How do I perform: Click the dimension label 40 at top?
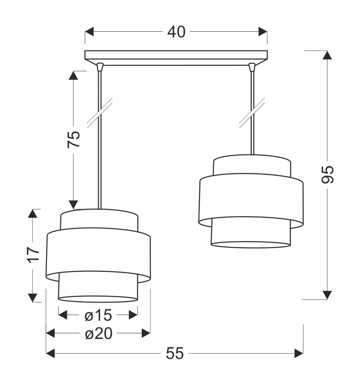tap(176, 32)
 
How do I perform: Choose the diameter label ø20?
tap(98, 334)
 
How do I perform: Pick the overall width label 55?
tap(175, 354)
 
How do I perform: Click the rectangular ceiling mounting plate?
tap(176, 56)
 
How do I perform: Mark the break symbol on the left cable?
tap(100, 113)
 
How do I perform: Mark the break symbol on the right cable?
tap(252, 113)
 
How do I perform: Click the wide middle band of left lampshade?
tap(98, 254)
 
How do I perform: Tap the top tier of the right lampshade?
tap(251, 165)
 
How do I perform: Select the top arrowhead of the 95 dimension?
tap(327, 55)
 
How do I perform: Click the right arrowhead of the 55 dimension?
tap(299, 353)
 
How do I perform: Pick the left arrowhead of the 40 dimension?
tap(89, 32)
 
